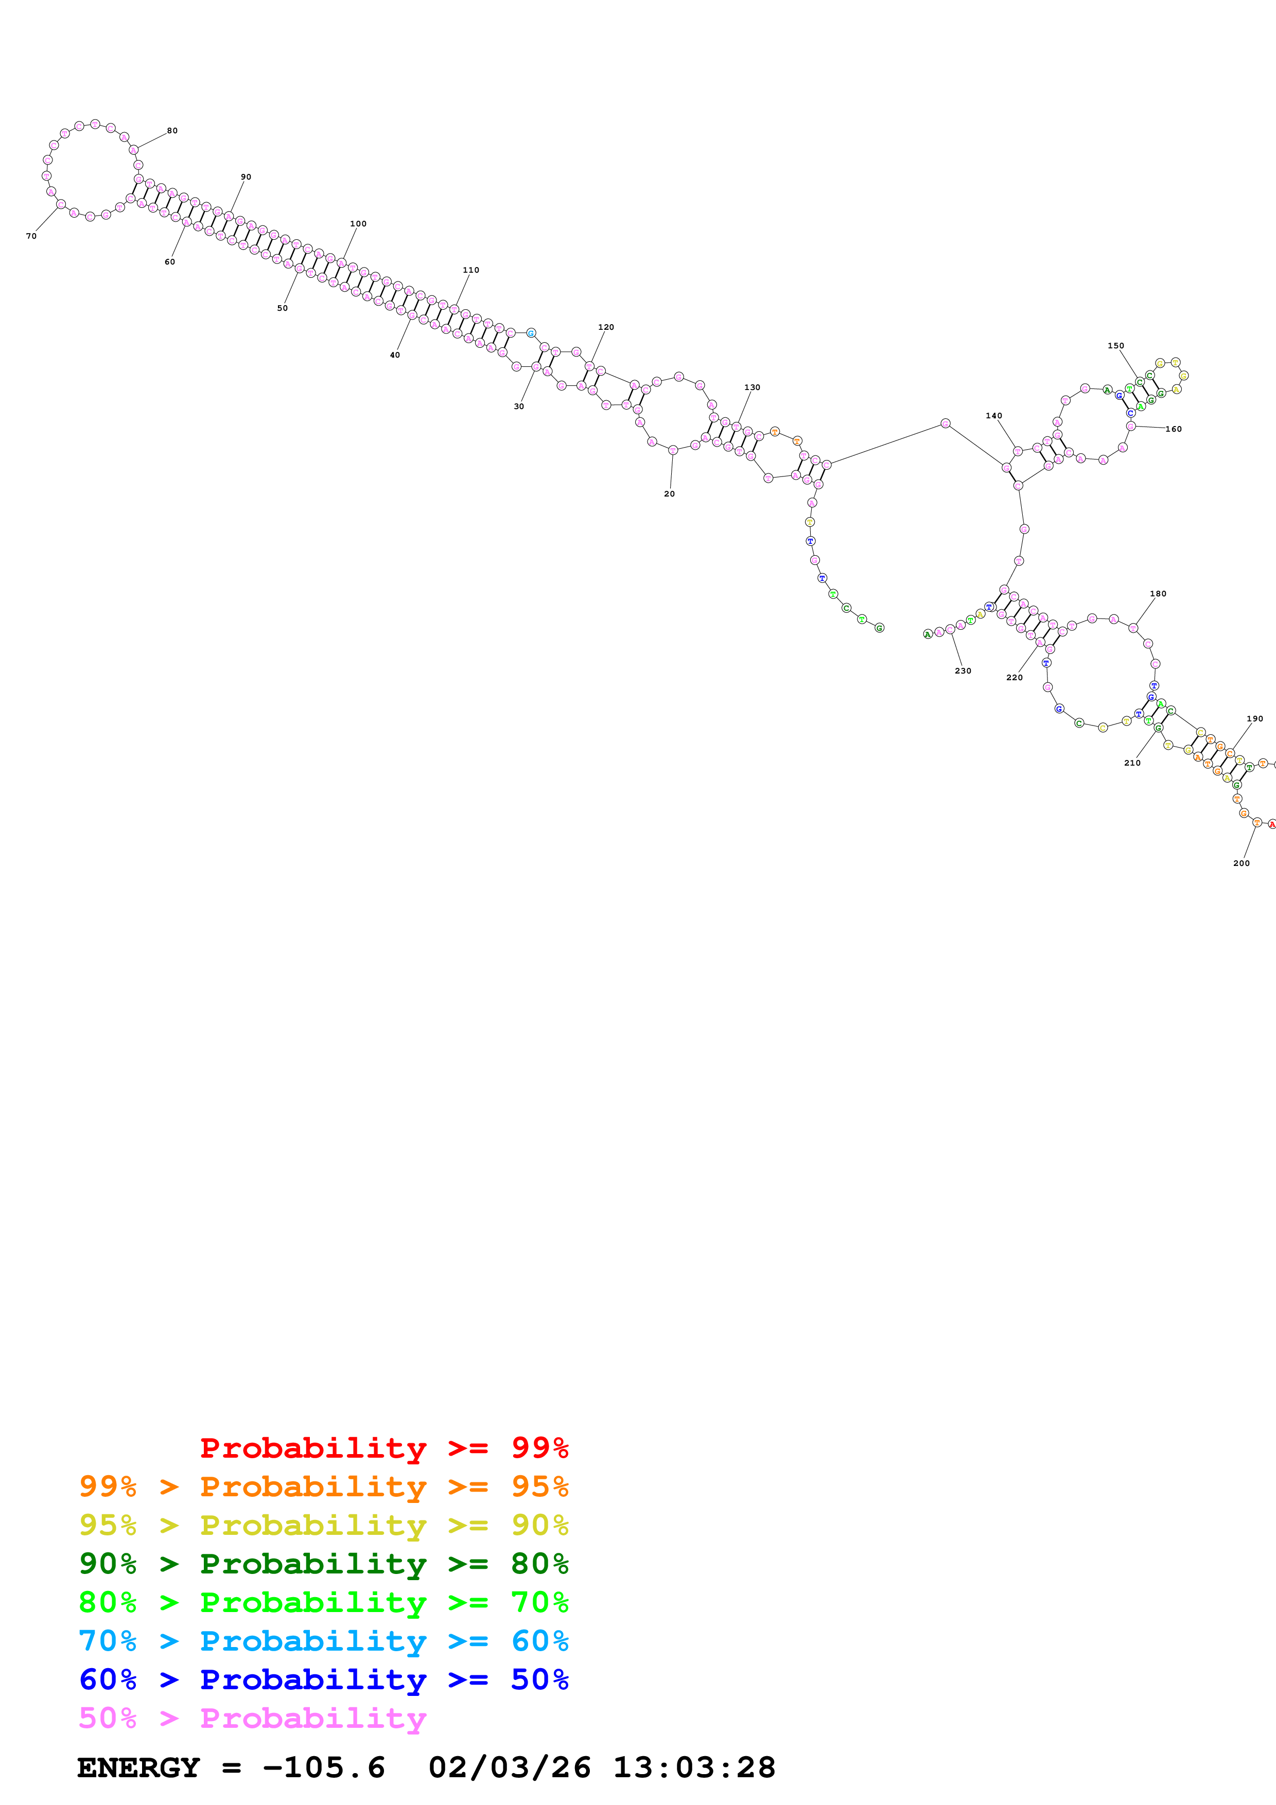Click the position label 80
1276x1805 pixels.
pos(172,131)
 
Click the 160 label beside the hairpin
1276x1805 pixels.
pos(1173,429)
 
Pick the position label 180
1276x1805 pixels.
pos(1158,594)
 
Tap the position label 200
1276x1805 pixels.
pos(1242,863)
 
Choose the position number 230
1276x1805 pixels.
pos(963,670)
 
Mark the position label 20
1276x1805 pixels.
pos(669,494)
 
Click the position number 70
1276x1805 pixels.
pos(31,236)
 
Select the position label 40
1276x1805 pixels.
pos(395,356)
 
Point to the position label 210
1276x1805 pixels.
pos(1132,763)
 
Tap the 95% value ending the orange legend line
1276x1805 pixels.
pos(539,1486)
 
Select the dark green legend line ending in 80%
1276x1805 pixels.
pos(323,1564)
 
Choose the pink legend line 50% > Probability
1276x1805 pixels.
pos(252,1718)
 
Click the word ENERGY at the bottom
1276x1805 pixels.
pos(138,1767)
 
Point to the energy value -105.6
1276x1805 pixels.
pos(324,1767)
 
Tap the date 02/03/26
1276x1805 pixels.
pos(510,1767)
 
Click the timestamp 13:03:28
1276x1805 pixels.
pos(694,1767)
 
